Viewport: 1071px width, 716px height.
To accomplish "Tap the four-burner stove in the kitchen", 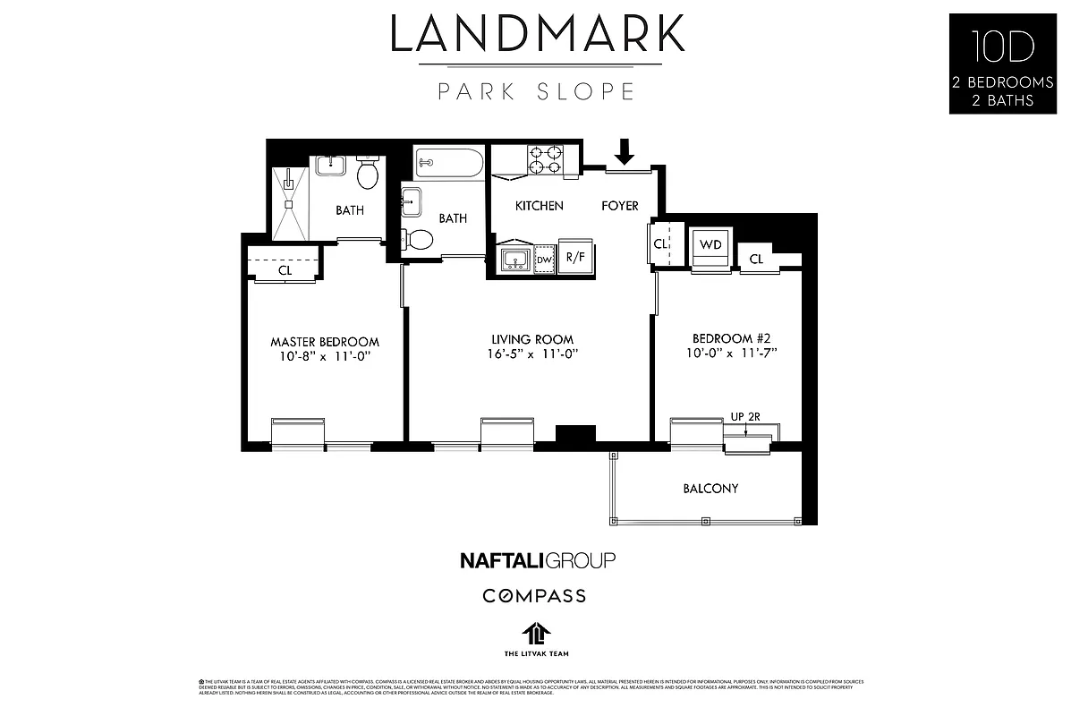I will click(x=544, y=159).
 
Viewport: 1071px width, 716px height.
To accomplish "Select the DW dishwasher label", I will click(x=544, y=260).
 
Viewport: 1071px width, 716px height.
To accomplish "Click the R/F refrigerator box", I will click(x=575, y=258).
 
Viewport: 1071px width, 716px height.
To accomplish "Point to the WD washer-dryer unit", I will click(x=711, y=245).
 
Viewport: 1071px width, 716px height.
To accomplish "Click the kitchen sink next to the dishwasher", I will click(x=514, y=260).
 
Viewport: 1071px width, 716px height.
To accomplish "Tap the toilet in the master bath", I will click(x=368, y=174).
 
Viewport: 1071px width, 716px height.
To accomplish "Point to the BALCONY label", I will click(x=710, y=489).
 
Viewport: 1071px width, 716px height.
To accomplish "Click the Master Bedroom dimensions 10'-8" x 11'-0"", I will click(x=325, y=357).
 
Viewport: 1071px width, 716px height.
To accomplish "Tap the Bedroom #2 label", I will click(x=731, y=338).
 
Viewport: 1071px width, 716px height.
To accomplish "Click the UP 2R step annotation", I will click(x=744, y=416).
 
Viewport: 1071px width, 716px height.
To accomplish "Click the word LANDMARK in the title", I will click(x=537, y=34).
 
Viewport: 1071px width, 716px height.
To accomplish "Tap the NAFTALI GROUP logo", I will click(x=537, y=561).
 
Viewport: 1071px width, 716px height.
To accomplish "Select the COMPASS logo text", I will click(x=535, y=595).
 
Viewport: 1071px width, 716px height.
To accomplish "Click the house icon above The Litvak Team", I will click(x=535, y=634).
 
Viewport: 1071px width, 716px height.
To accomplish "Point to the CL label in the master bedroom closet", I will click(x=285, y=268).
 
